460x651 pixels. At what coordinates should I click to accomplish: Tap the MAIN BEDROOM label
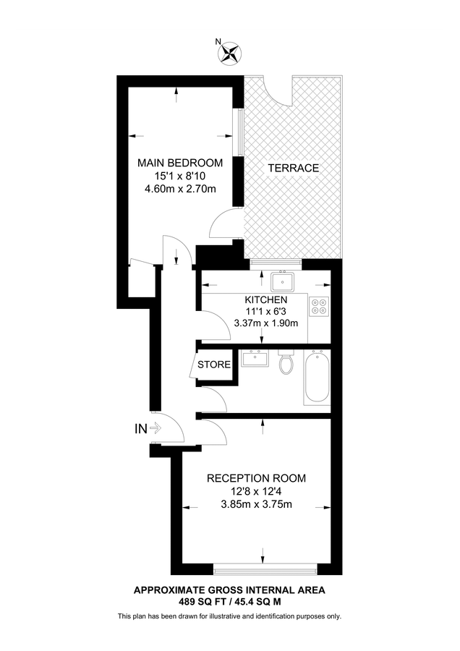pyautogui.click(x=179, y=163)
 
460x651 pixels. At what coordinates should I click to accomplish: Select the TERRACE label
pyautogui.click(x=293, y=168)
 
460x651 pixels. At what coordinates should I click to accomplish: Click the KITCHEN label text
pyautogui.click(x=266, y=299)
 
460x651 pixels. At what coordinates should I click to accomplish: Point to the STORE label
pyautogui.click(x=214, y=365)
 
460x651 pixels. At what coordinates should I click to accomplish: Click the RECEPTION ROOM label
pyautogui.click(x=256, y=478)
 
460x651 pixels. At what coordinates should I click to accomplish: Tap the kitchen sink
pyautogui.click(x=281, y=280)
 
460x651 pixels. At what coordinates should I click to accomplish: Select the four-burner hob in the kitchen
pyautogui.click(x=319, y=307)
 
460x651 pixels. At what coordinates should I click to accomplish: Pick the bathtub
pyautogui.click(x=317, y=377)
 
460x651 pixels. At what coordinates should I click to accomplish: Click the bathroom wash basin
pyautogui.click(x=254, y=358)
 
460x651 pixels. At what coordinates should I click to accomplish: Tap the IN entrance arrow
pyautogui.click(x=153, y=429)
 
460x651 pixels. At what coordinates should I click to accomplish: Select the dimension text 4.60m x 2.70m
pyautogui.click(x=179, y=189)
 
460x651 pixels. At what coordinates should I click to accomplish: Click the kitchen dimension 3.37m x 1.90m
pyautogui.click(x=266, y=323)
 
